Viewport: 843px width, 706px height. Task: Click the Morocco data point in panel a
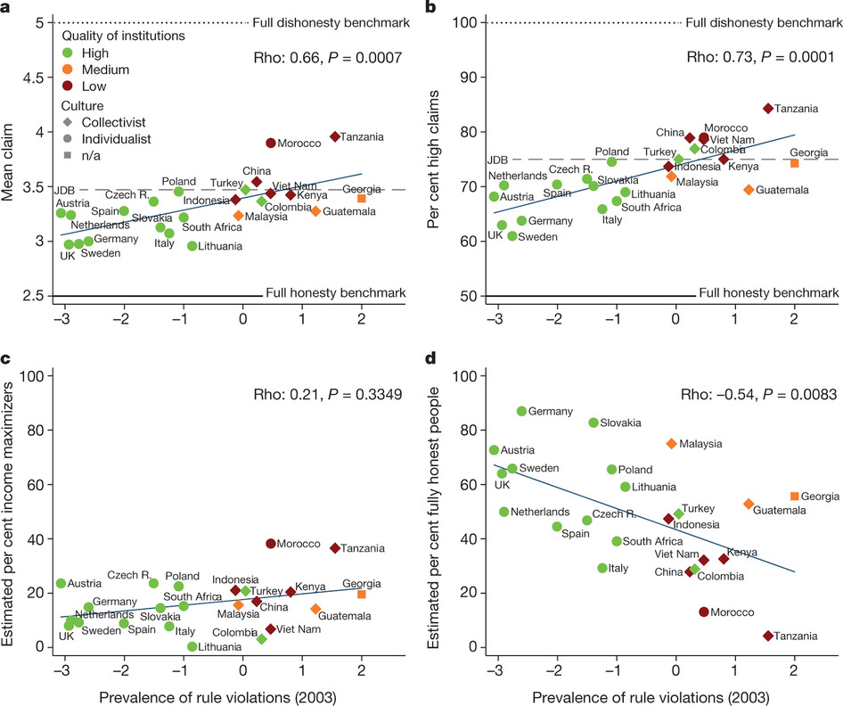(270, 143)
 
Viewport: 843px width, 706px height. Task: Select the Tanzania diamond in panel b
(768, 109)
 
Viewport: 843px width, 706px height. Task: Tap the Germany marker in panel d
(521, 411)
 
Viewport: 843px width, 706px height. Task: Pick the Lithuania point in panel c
(192, 646)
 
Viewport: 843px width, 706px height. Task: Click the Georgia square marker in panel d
(795, 497)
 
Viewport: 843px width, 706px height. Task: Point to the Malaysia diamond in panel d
(672, 444)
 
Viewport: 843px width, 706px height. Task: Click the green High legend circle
(68, 53)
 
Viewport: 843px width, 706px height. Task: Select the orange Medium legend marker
(68, 70)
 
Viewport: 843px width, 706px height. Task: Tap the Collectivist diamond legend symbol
(68, 122)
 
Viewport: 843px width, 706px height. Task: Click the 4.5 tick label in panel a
(34, 78)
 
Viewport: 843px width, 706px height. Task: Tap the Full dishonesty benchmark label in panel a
(331, 22)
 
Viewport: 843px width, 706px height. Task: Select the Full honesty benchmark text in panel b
(769, 292)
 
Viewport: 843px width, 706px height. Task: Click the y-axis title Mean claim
(7, 162)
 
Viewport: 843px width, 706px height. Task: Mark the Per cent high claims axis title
(433, 160)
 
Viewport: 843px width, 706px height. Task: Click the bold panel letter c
(5, 358)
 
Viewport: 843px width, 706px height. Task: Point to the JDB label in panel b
(497, 160)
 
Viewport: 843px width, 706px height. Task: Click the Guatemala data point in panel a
(315, 211)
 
